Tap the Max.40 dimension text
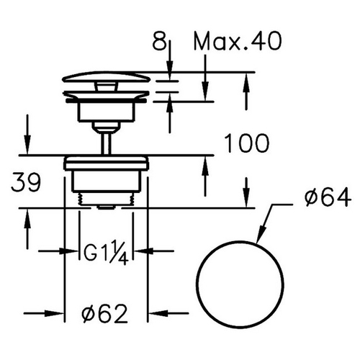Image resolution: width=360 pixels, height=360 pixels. [238, 41]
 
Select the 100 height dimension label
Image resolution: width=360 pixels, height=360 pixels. [246, 143]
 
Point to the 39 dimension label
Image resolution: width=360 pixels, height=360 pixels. [26, 182]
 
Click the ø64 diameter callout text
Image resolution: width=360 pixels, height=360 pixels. [328, 197]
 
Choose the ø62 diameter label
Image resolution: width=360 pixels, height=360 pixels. [104, 313]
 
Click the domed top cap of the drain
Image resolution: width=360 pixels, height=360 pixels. [106, 76]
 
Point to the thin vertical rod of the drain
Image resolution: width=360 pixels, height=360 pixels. [107, 143]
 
